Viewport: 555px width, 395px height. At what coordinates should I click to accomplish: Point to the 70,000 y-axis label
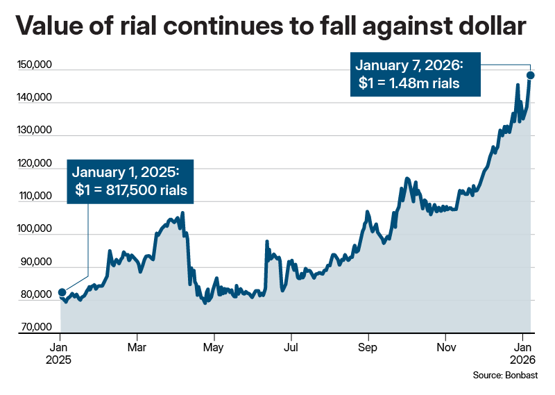click(35, 328)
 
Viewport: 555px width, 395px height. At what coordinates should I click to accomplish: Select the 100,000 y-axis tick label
click(33, 230)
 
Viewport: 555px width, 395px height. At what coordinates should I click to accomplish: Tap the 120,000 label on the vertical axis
click(33, 165)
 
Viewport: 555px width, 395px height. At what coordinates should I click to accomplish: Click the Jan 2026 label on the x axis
click(522, 353)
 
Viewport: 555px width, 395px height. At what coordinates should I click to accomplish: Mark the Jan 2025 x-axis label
click(60, 353)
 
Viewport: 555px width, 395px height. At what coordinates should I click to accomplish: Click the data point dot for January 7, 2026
click(531, 75)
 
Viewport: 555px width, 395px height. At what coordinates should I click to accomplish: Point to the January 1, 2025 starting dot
click(62, 292)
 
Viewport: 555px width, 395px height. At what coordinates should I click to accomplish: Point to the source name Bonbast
click(522, 375)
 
